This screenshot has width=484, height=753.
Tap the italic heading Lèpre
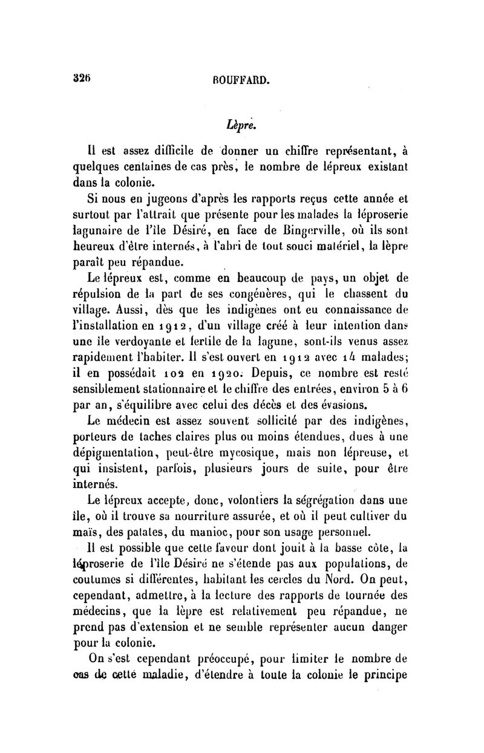[241, 126]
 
